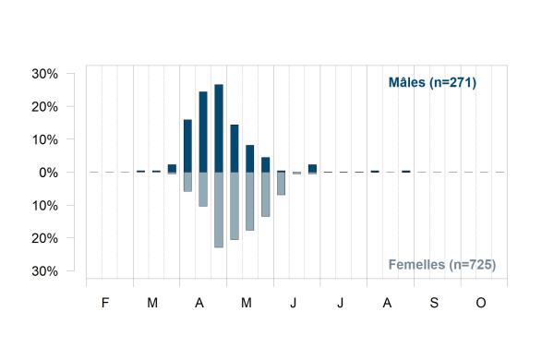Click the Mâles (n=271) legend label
point(432,82)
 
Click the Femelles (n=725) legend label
point(442,264)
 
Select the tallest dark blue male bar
point(219,128)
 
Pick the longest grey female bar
point(219,210)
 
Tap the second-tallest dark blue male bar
point(203,132)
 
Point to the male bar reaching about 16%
point(187,146)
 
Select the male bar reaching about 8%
point(250,159)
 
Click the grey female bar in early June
point(281,184)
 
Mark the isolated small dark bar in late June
point(312,169)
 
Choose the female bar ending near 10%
point(203,189)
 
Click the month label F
point(105,303)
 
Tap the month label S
point(434,303)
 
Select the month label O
point(481,303)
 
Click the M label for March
point(152,303)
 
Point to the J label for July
point(340,303)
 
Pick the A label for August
point(387,303)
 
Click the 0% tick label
point(48,173)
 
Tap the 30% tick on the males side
point(45,74)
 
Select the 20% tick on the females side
point(45,238)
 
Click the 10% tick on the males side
point(45,140)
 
